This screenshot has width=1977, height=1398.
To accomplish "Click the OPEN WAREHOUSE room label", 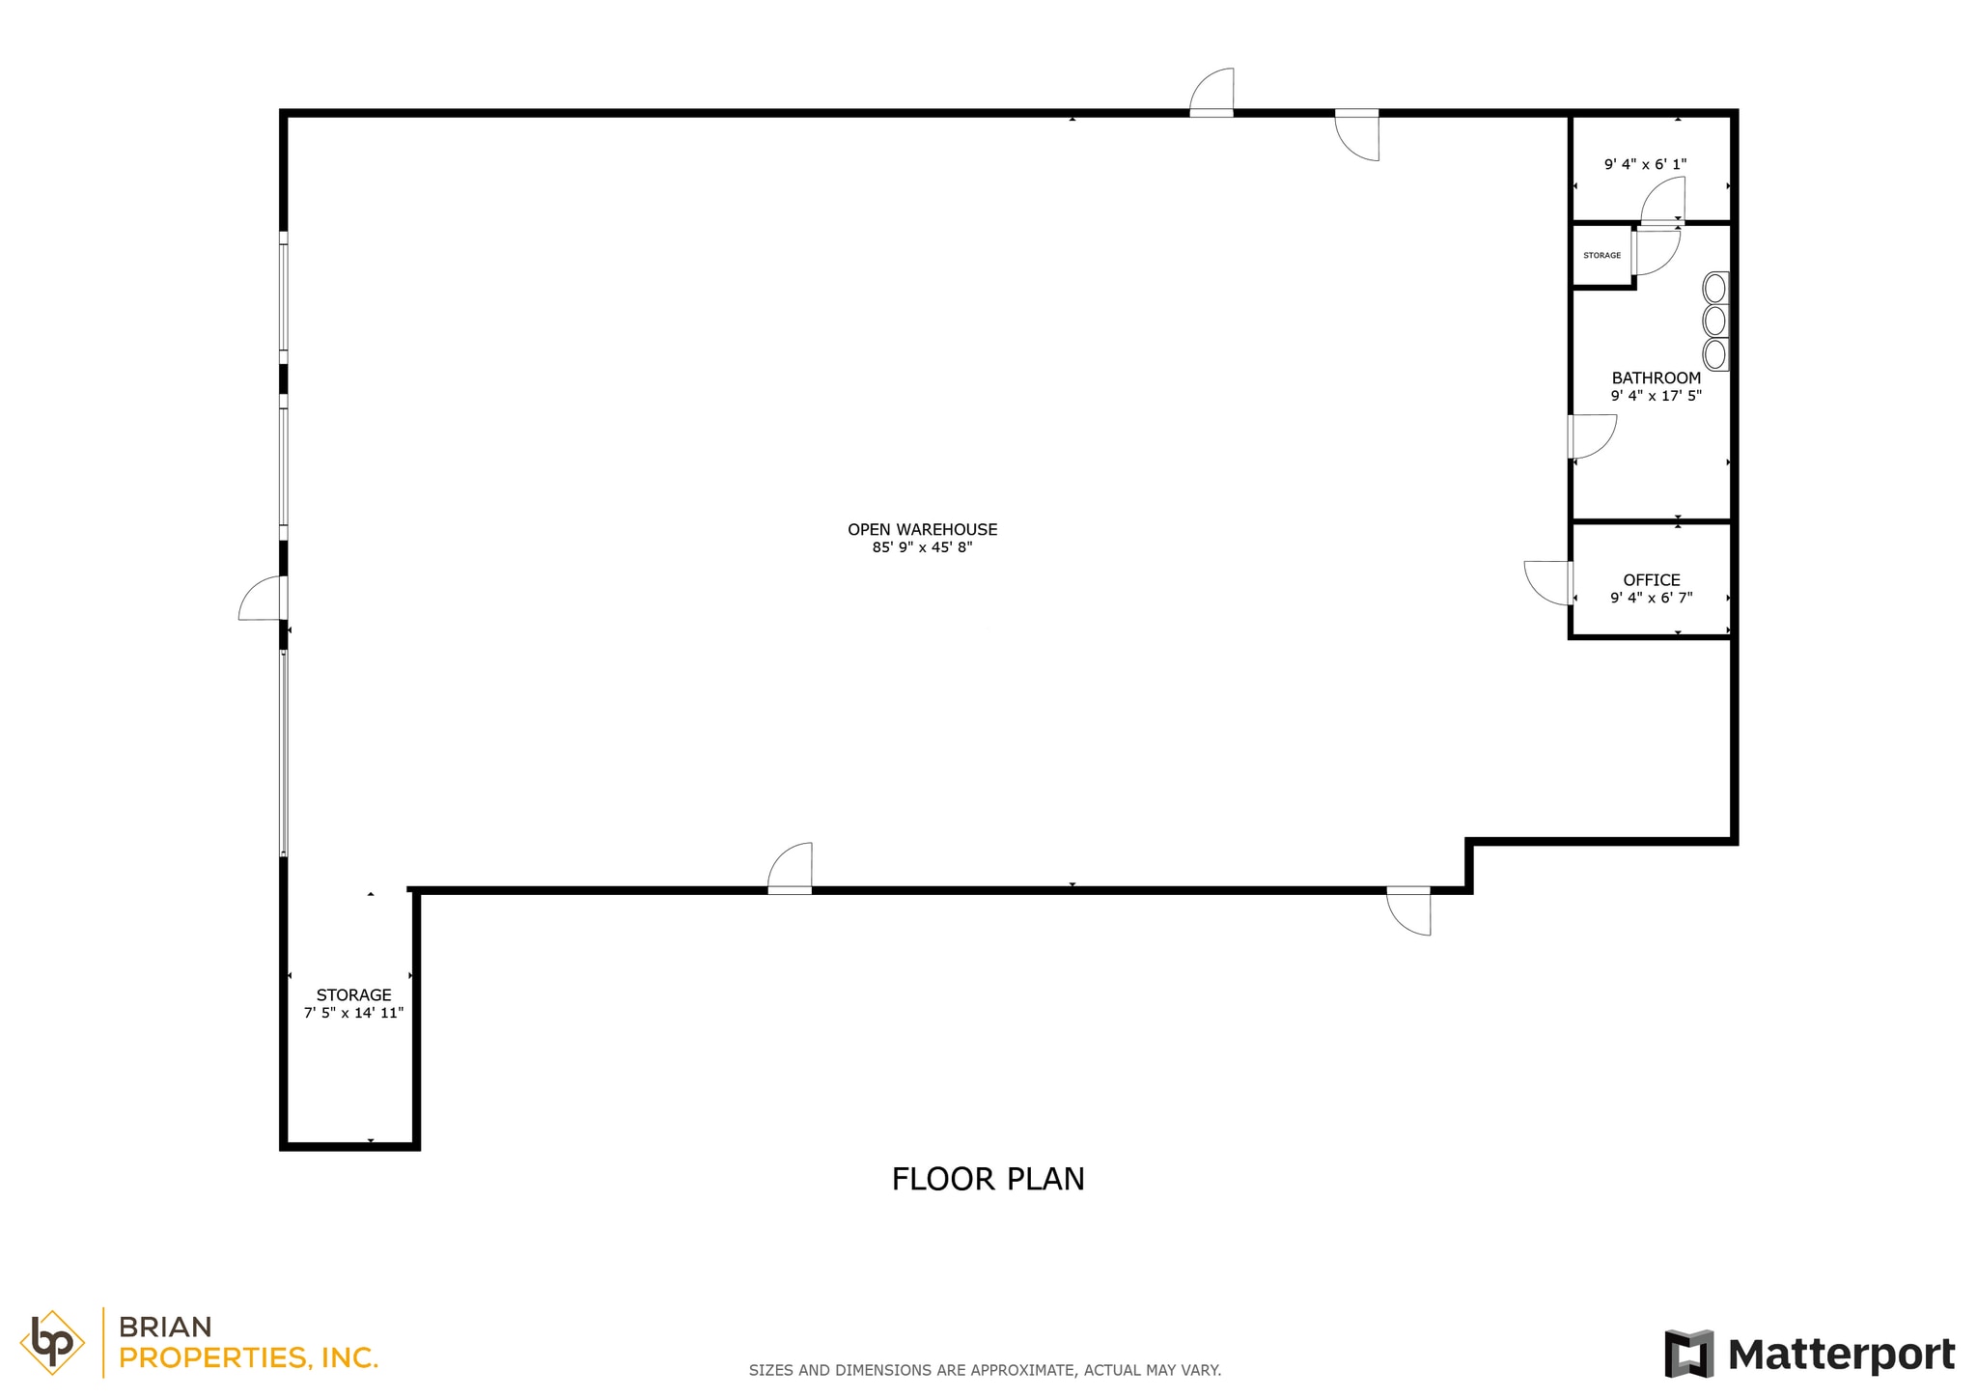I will pos(922,529).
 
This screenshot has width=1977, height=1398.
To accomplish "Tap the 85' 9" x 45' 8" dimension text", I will pos(922,547).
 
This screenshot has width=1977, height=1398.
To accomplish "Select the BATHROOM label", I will pos(1656,377).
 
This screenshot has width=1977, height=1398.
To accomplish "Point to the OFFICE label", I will pos(1651,579).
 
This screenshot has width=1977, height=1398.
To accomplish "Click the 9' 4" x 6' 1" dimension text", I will pos(1645,164).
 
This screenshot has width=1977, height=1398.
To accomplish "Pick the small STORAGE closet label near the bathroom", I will pos(1601,255).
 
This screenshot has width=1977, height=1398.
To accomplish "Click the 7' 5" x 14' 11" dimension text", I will pos(353,1013).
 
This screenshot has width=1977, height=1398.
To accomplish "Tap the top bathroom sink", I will pos(1714,288).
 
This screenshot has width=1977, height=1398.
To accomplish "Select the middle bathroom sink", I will pos(1714,321).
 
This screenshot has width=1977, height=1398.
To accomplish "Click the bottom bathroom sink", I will pos(1714,354).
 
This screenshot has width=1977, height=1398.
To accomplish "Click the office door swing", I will pos(1548,582).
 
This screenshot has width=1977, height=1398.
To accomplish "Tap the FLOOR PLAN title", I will pos(988,1179).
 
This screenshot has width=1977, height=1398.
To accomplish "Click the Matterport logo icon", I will pos(1688,1354).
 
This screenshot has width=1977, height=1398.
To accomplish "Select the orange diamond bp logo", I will pos(52,1342).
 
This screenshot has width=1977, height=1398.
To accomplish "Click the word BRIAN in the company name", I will pos(165,1328).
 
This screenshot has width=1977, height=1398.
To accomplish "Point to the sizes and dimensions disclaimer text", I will pos(985,1370).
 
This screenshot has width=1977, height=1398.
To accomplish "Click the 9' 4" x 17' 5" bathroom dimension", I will pos(1656,396).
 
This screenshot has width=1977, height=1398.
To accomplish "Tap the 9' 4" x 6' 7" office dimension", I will pos(1651,598).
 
